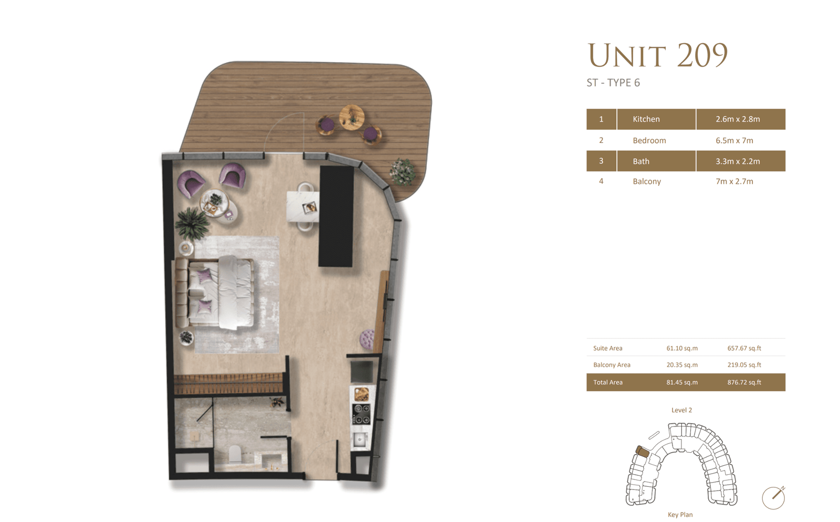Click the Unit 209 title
657,55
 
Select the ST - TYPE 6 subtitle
613,83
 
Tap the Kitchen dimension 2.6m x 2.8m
738,119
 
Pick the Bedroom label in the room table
649,141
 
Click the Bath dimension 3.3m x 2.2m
738,161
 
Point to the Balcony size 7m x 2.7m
734,182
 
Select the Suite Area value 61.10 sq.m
682,348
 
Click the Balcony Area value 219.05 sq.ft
744,365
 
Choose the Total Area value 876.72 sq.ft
744,382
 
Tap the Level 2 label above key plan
681,410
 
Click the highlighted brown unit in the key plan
642,451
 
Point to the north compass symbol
773,497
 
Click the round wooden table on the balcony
352,117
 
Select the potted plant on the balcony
402,171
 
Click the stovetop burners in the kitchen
361,414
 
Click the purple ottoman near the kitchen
367,339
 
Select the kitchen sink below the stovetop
360,440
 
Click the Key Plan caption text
680,515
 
